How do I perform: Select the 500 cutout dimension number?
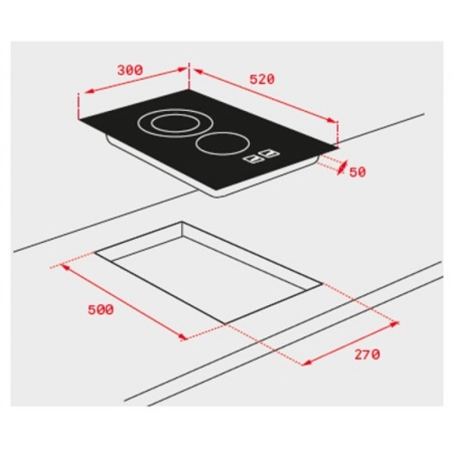coord(100,310)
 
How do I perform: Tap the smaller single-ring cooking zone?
coord(223,143)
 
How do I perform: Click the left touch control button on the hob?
coord(255,159)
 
